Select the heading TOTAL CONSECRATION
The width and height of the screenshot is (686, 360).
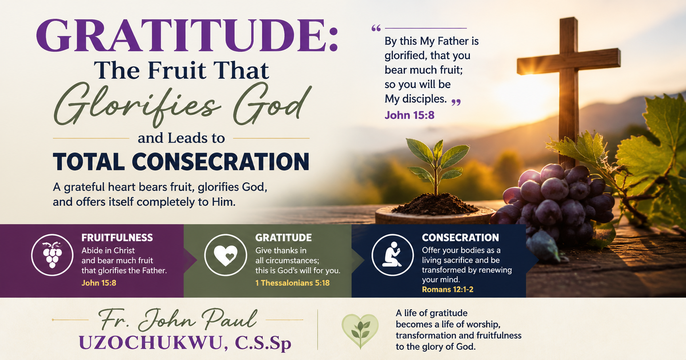[x=181, y=162]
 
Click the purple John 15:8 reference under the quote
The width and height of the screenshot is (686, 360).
[x=409, y=115]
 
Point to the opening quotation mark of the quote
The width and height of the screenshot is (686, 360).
[x=376, y=28]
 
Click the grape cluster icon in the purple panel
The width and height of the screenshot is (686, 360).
[x=52, y=255]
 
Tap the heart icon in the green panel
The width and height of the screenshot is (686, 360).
[x=225, y=255]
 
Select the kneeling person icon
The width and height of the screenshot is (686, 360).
[x=392, y=255]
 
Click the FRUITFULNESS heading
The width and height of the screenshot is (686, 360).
[x=117, y=238]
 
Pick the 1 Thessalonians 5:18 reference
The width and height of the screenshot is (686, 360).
[x=292, y=283]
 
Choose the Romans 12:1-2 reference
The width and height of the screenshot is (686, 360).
[x=447, y=290]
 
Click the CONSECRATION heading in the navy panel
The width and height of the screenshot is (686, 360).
[x=460, y=238]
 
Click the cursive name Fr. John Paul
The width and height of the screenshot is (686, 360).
[x=177, y=319]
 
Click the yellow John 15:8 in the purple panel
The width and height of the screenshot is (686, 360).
[x=99, y=283]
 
